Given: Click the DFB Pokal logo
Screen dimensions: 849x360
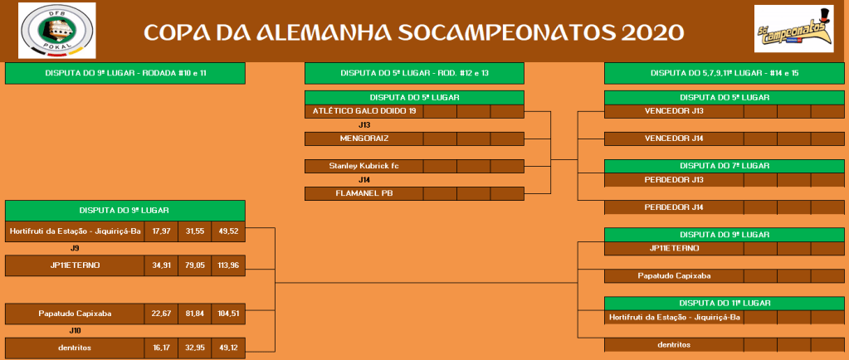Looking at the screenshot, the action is point(57,31).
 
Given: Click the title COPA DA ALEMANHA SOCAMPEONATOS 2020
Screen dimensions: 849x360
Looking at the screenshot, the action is point(414,32).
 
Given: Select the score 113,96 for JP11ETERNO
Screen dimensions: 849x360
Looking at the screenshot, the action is point(228,265).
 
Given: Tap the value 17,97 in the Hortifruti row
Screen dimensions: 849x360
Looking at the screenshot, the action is point(161,231).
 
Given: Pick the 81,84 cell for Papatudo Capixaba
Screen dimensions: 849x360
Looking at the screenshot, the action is point(195,313).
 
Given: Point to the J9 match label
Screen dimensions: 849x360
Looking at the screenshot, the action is point(75,249).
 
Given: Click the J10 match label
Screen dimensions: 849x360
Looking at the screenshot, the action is point(75,330).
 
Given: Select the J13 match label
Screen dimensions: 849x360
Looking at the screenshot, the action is point(364,124).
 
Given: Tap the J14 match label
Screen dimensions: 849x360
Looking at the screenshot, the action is point(364,179).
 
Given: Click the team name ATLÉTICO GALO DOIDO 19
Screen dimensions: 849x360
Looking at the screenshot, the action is point(364,111).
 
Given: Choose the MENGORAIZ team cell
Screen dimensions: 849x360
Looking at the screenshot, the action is point(364,139).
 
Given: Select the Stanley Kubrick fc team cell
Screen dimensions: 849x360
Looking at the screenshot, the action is point(364,166).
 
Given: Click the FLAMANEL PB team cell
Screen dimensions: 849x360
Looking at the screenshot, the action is point(364,193).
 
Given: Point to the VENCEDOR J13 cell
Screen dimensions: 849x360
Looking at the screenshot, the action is point(674,111).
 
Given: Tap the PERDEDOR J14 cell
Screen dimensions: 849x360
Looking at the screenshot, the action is point(674,207).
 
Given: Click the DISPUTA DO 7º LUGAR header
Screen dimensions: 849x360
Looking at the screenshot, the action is point(725,166).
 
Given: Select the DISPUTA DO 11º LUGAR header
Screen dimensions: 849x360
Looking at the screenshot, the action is point(725,303).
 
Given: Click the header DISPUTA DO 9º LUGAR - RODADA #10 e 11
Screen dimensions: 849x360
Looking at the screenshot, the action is point(125,73).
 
